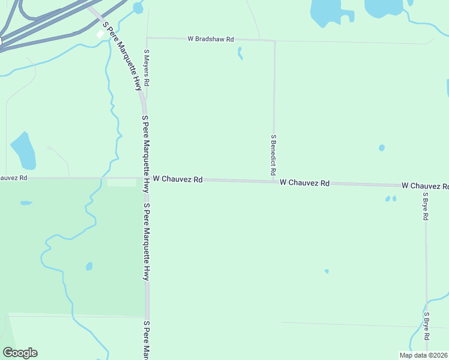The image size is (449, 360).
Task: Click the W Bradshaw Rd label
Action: click(210, 39)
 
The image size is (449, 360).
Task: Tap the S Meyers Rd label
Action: click(146, 68)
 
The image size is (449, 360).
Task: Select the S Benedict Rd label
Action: click(273, 155)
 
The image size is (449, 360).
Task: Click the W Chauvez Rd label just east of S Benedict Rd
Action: click(304, 182)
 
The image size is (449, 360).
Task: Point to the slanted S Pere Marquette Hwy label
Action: click(122, 57)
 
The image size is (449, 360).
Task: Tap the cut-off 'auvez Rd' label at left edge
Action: click(13, 178)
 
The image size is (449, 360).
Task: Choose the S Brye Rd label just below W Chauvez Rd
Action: click(426, 206)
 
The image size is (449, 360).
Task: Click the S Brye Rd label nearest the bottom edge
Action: click(427, 326)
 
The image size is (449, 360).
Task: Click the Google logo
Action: click(20, 353)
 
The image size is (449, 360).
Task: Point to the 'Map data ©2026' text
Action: click(423, 355)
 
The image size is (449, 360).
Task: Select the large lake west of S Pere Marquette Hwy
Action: click(24, 150)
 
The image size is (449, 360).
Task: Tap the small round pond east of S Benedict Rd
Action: click(381, 148)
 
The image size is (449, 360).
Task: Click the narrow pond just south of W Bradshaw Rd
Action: click(240, 53)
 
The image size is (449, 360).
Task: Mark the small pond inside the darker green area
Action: click(89, 266)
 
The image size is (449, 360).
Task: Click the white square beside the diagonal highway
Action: click(100, 34)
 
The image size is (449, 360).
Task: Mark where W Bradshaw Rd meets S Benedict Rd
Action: click(274, 41)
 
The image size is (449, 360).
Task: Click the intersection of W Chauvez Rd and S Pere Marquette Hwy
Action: click(146, 178)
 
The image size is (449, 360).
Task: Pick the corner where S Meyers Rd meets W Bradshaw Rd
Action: click(147, 38)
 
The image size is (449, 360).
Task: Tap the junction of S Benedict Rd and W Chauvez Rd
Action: click(274, 181)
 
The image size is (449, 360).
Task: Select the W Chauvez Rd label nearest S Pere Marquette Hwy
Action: click(178, 179)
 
